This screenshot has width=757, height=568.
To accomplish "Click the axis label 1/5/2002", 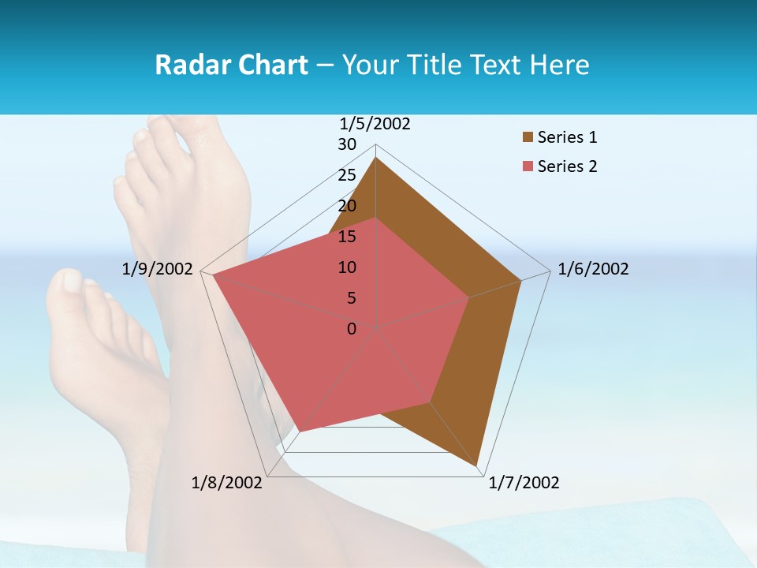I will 375,124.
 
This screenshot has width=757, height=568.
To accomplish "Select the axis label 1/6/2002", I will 593,269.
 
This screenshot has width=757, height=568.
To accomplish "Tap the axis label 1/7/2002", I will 524,483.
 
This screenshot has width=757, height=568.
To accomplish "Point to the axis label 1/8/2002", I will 227,483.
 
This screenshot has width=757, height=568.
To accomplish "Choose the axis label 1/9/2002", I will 158,269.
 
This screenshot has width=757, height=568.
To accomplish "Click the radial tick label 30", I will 347,144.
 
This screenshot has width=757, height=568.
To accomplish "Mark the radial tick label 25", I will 347,175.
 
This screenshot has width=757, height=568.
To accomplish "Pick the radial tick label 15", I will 347,237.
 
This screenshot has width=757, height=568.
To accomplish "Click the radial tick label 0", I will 352,329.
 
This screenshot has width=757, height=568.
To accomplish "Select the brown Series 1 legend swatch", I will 528,137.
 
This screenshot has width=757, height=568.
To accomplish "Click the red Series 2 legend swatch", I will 528,166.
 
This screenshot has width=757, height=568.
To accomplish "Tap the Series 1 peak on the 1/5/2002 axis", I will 376,158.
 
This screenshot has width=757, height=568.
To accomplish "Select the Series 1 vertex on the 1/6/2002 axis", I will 521,280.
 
